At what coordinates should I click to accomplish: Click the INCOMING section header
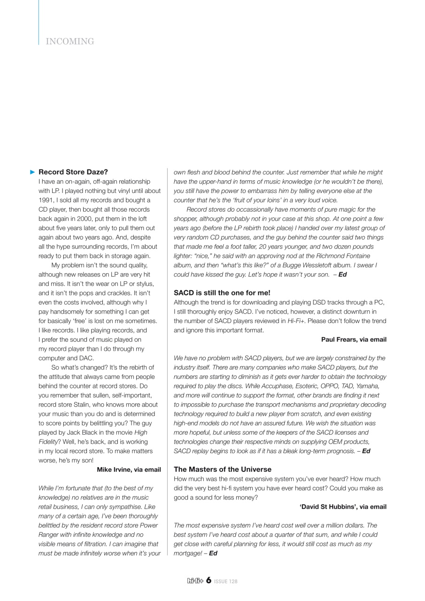click(x=70, y=42)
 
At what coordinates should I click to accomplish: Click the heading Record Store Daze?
click(x=76, y=172)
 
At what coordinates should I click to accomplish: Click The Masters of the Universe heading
click(x=222, y=469)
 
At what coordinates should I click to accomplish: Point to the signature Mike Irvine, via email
click(x=129, y=469)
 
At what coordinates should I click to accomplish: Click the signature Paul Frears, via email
click(x=354, y=339)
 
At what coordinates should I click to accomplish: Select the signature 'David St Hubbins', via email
click(x=343, y=507)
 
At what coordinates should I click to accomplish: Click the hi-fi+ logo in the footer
click(x=195, y=581)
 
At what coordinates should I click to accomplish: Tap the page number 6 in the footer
click(x=208, y=581)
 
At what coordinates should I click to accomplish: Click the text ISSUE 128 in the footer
click(x=226, y=581)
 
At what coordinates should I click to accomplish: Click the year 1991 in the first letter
click(x=46, y=200)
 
